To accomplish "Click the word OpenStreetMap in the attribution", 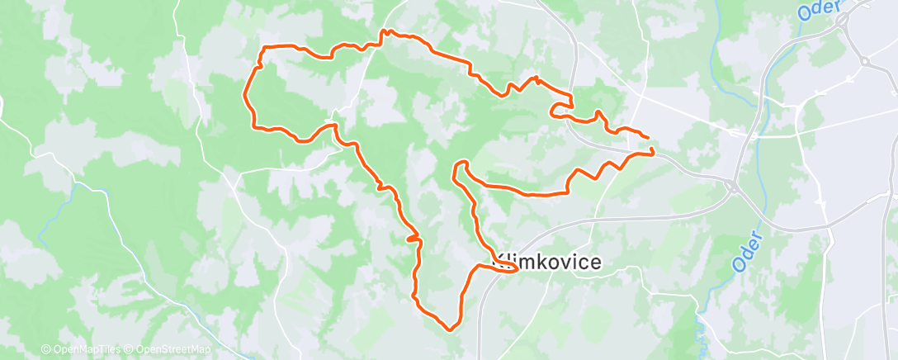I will tap(173, 350).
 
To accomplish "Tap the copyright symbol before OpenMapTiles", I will tap(45, 350).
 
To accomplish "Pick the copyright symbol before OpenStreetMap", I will tap(130, 350).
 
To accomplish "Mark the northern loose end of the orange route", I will tap(647, 137).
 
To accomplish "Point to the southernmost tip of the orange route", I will tap(451, 329).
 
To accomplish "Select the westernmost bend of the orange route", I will tap(245, 96).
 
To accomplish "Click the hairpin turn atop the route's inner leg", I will tap(460, 163).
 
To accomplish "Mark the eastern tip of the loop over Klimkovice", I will tap(517, 268).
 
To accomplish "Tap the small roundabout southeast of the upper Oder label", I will tap(863, 61).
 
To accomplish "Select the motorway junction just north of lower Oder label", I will tap(732, 187).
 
